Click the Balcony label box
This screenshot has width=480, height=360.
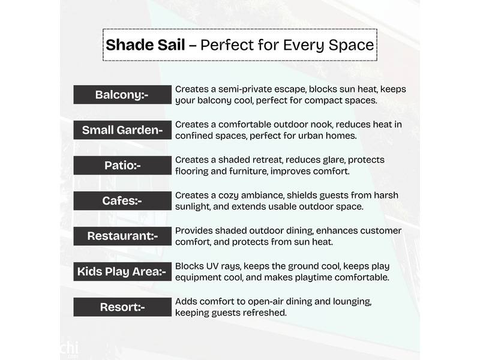122,95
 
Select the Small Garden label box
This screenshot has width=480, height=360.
122,130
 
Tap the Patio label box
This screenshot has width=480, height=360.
122,166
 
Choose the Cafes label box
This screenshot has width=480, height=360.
122,201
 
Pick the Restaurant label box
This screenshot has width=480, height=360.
122,236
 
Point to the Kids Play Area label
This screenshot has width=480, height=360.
122,272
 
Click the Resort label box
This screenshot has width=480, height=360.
122,307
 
